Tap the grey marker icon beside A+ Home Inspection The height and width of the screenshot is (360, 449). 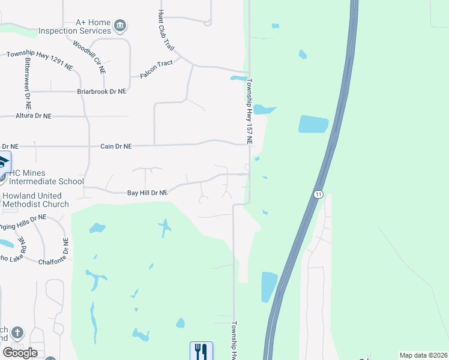(120, 25)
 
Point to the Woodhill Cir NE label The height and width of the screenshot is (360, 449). (89, 57)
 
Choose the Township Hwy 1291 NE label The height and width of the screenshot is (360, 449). (40, 61)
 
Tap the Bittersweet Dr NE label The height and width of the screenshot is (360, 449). (27, 82)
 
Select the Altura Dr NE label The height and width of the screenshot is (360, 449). (34, 116)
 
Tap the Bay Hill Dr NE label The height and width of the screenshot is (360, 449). (146, 193)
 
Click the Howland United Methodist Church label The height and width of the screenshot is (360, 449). (35, 200)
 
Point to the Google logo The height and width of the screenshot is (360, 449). (20, 353)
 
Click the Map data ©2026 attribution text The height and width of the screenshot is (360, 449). (423, 355)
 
